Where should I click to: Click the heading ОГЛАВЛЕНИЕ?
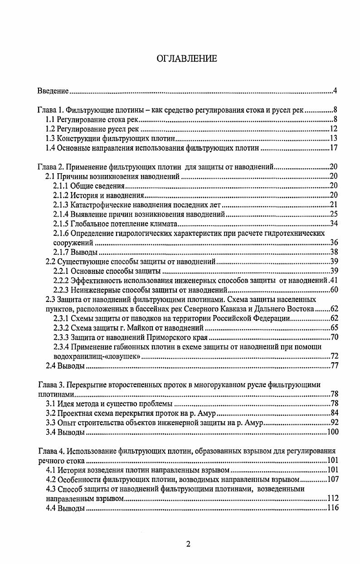(x=186, y=58)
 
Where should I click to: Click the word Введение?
(x=52, y=92)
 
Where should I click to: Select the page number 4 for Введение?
(x=335, y=92)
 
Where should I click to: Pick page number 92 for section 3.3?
(x=334, y=423)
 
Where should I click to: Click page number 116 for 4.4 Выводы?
(x=332, y=508)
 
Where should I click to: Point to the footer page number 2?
(x=188, y=545)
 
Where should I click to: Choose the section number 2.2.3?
(x=61, y=290)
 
